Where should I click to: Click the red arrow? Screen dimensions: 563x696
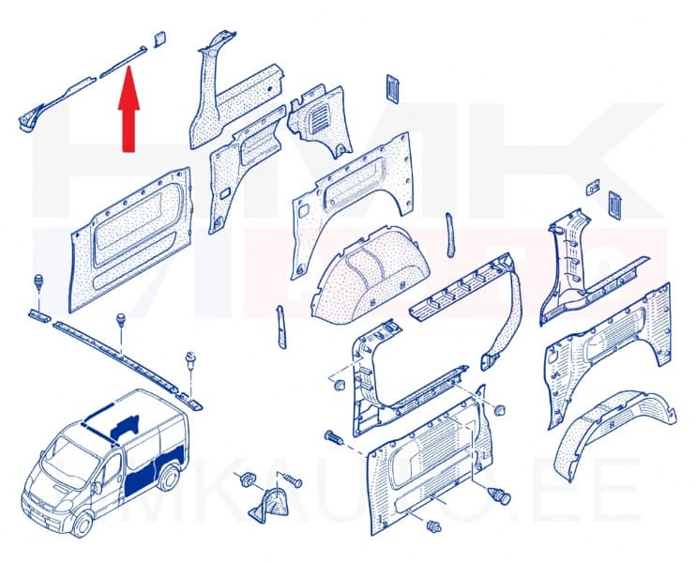coord(128,116)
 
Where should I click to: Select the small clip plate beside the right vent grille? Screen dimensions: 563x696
coord(591,188)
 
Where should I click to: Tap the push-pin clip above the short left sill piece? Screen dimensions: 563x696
coord(39,282)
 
